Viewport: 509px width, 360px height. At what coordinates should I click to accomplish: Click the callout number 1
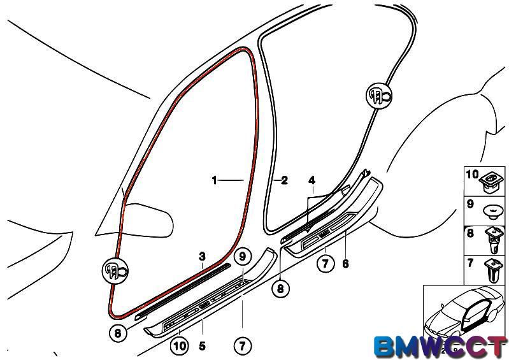coord(214,180)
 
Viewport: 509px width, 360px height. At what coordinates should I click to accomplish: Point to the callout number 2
coord(284,180)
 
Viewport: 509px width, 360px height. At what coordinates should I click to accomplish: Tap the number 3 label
coord(202,256)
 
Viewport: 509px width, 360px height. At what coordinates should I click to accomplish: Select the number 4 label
coord(312,180)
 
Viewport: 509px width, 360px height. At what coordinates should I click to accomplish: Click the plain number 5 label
coord(202,346)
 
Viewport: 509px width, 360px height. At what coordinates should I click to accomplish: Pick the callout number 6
coord(345,264)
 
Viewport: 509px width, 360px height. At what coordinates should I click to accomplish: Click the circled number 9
coord(243,257)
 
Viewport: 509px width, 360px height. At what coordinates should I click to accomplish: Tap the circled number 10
coord(179,346)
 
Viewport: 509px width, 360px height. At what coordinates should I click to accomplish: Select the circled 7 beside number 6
coord(326,263)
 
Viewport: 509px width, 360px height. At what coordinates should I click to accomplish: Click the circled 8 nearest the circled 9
coord(280,288)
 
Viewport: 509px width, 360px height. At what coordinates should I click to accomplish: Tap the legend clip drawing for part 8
coord(494,240)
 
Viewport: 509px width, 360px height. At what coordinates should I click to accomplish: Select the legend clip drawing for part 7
coord(493,270)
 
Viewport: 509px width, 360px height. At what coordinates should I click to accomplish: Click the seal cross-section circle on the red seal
coord(115,270)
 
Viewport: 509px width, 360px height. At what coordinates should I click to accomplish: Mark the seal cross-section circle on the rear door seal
coord(379,95)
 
